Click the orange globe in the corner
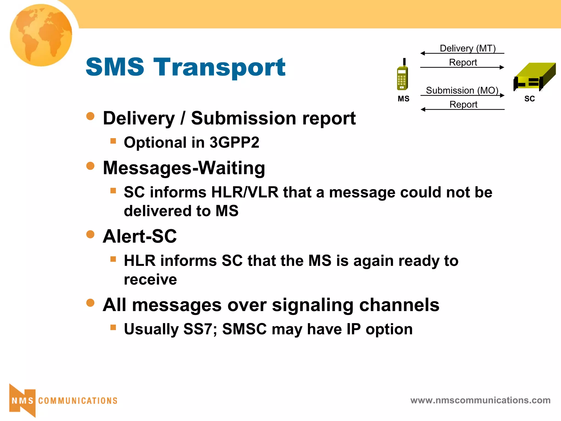click(x=41, y=35)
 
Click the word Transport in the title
click(x=219, y=67)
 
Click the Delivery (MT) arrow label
click(x=468, y=48)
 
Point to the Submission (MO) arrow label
click(x=462, y=90)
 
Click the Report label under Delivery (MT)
click(x=463, y=62)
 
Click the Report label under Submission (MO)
click(x=463, y=104)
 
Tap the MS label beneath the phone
click(x=403, y=99)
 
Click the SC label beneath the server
click(x=529, y=99)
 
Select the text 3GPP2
click(x=234, y=143)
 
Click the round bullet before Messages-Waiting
click(x=90, y=166)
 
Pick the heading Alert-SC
click(x=140, y=236)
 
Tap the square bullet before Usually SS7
click(x=113, y=327)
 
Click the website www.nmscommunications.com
click(x=480, y=400)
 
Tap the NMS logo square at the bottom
click(x=22, y=401)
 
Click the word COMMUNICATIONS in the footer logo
click(x=78, y=401)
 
